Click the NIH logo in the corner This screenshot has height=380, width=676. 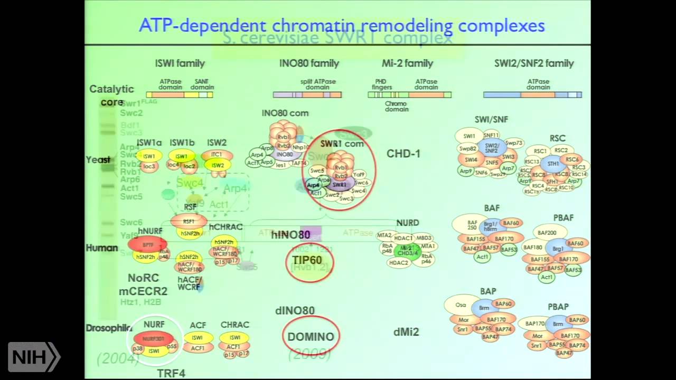click(34, 357)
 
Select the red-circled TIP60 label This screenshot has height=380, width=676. click(307, 260)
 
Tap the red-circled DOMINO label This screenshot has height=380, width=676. click(311, 337)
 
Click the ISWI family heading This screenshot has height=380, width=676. click(180, 63)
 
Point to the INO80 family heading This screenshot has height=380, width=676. click(309, 63)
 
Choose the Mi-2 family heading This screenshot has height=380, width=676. click(407, 63)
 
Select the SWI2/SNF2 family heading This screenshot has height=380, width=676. click(534, 63)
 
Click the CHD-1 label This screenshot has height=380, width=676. click(403, 154)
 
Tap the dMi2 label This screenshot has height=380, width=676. click(406, 332)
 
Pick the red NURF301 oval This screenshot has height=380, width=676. click(154, 338)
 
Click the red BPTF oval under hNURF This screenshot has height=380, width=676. click(147, 245)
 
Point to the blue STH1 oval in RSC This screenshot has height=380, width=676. click(552, 164)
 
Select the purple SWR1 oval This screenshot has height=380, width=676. click(340, 185)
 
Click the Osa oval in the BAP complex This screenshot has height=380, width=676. click(461, 305)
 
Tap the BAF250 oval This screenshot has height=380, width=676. click(472, 225)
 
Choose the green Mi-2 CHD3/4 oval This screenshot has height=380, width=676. click(406, 250)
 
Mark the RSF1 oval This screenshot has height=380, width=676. click(189, 222)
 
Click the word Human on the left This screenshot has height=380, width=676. click(102, 248)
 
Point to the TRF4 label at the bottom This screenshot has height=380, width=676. click(171, 373)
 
